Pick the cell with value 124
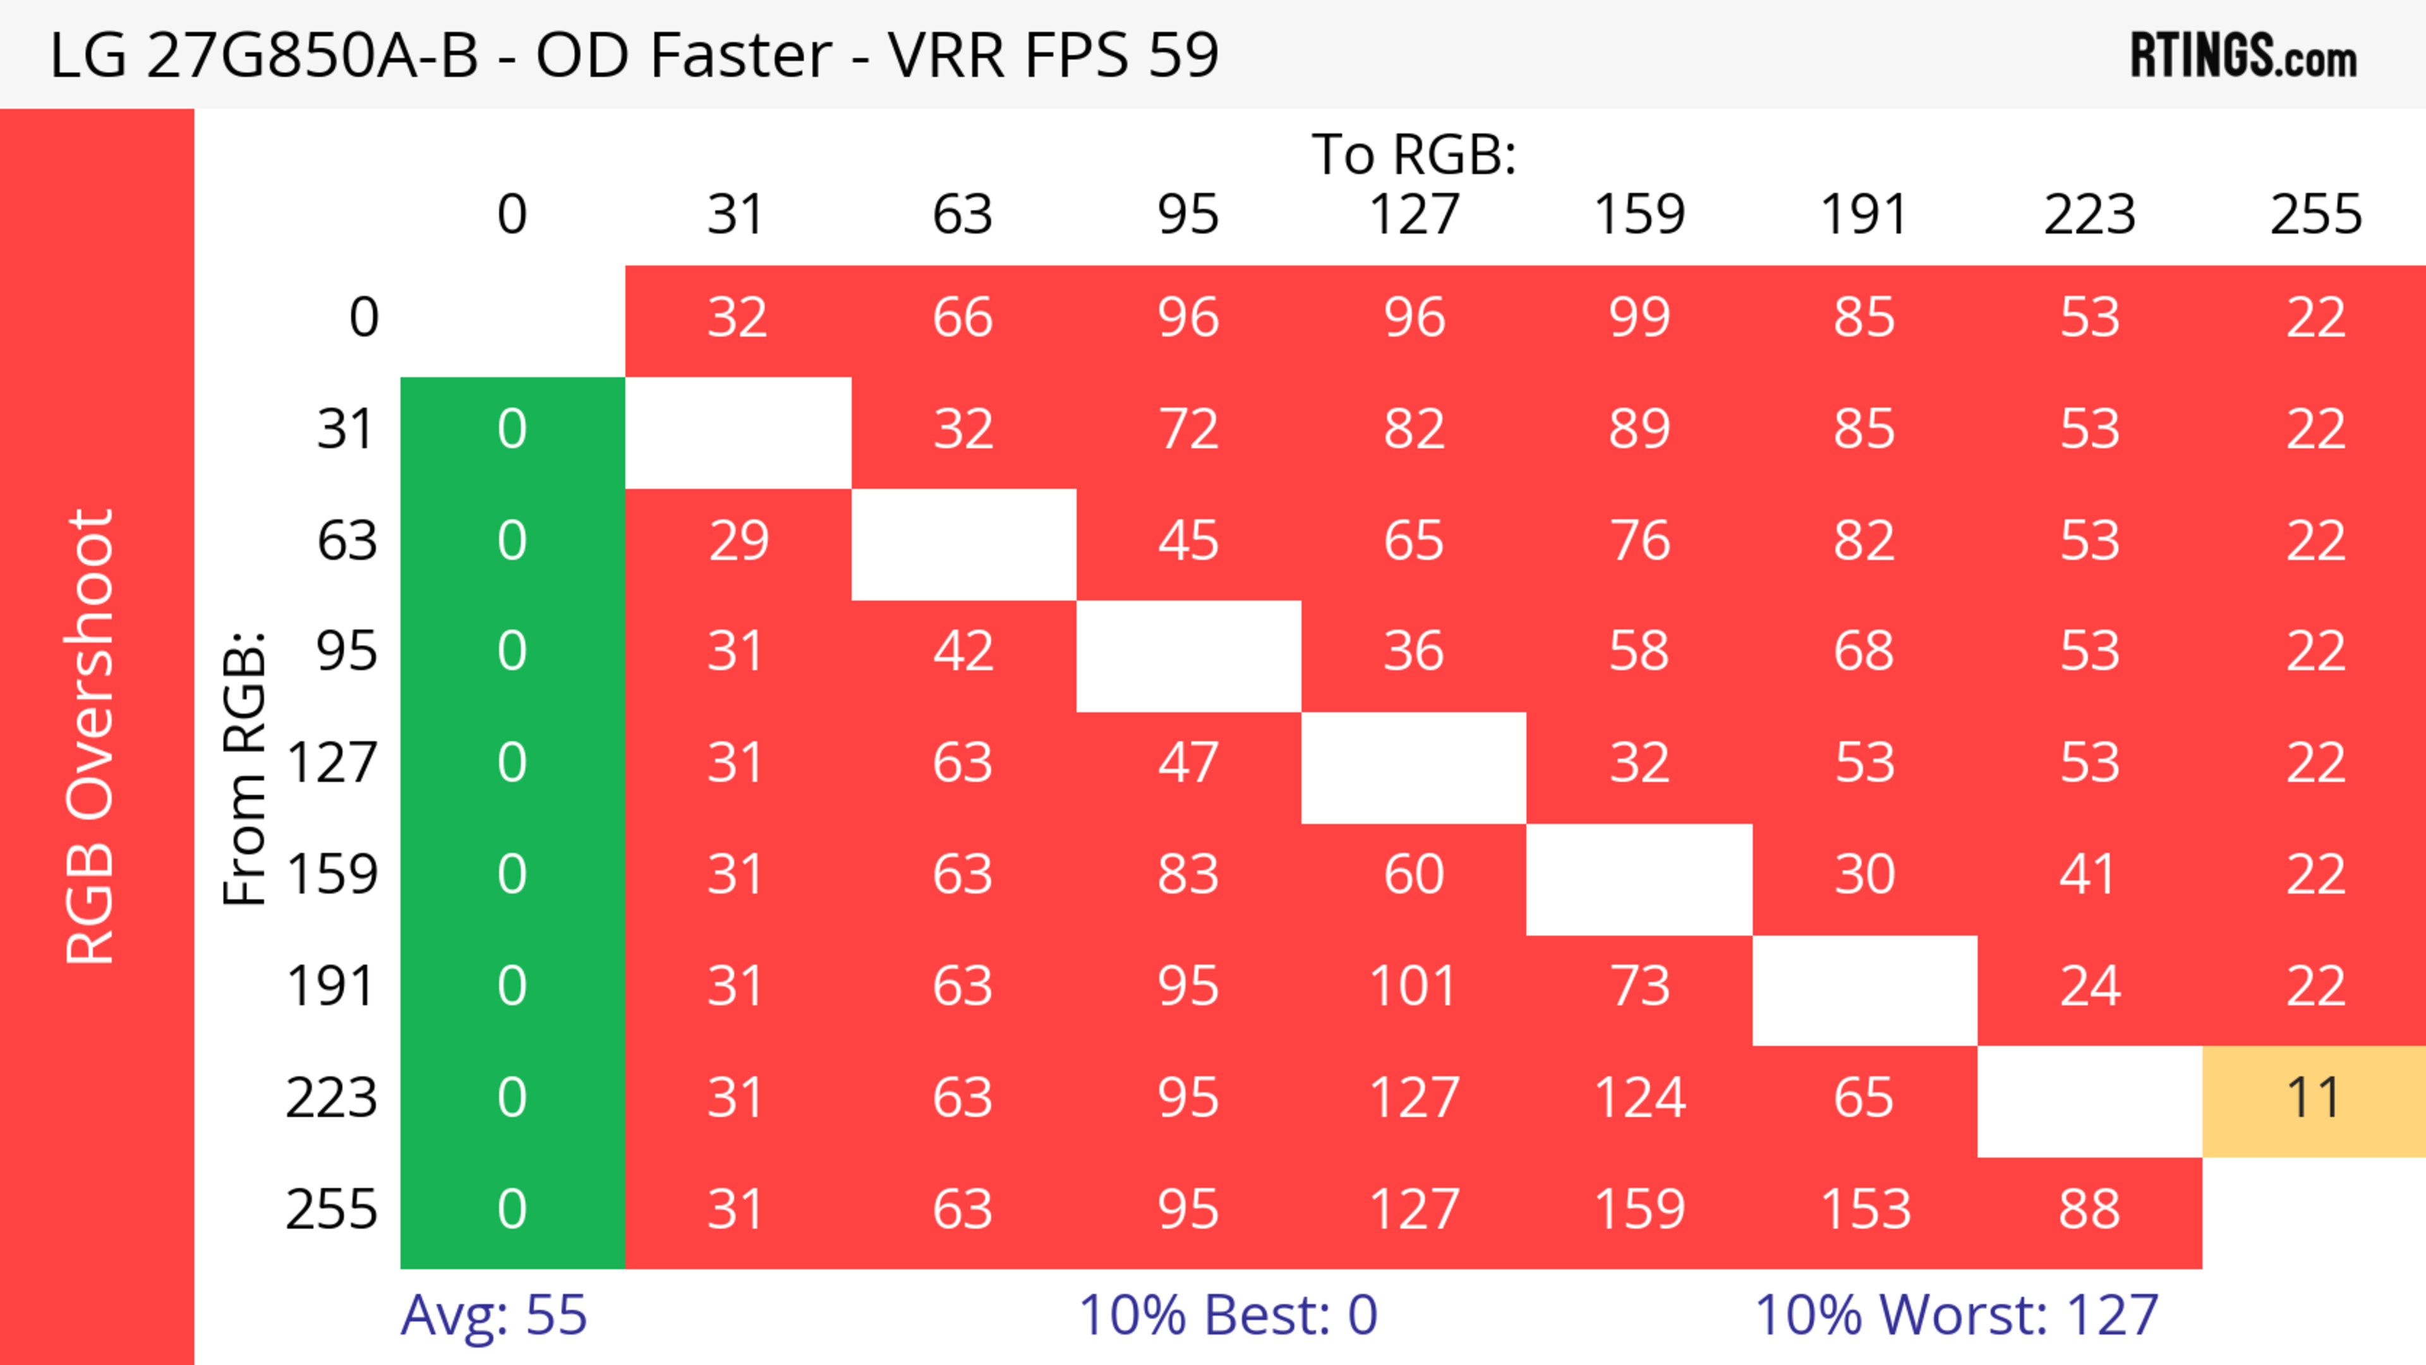pos(1639,1098)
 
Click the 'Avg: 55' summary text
pos(493,1315)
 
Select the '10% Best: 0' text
pos(1227,1315)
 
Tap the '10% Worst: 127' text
pos(1956,1315)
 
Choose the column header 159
pos(1639,215)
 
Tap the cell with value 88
pos(2089,1210)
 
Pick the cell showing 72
pos(1188,430)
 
